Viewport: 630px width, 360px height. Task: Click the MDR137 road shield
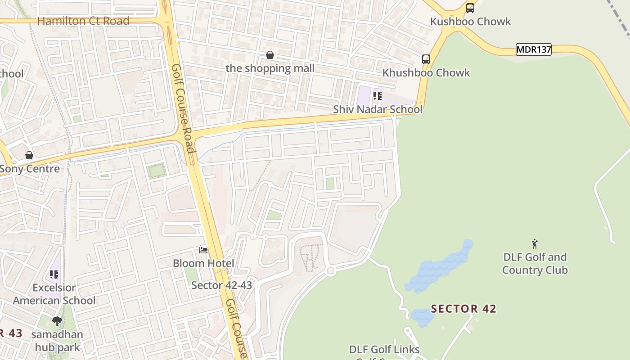[533, 49]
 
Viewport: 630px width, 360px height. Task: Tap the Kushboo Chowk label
[471, 22]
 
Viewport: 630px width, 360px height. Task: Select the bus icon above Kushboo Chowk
[470, 8]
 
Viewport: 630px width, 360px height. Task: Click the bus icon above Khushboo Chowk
[426, 59]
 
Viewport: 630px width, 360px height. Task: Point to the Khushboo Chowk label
[426, 73]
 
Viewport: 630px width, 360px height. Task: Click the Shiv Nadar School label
[378, 109]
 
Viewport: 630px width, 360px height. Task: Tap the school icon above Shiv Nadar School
[377, 95]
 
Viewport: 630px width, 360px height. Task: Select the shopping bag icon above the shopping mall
[270, 55]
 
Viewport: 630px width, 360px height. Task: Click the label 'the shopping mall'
[270, 68]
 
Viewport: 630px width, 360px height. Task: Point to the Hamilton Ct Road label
[83, 21]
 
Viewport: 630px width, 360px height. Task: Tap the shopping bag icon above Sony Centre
[29, 155]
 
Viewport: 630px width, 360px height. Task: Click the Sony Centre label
[30, 169]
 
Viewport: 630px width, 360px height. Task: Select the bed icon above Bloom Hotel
[203, 250]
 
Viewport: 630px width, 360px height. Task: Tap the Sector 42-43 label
[222, 285]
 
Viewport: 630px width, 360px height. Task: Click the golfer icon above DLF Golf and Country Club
[535, 244]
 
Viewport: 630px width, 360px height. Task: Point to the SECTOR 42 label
[463, 309]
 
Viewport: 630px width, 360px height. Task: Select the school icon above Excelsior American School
[54, 274]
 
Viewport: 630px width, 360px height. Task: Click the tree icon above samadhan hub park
[57, 321]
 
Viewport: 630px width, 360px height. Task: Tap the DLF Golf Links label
[384, 350]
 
